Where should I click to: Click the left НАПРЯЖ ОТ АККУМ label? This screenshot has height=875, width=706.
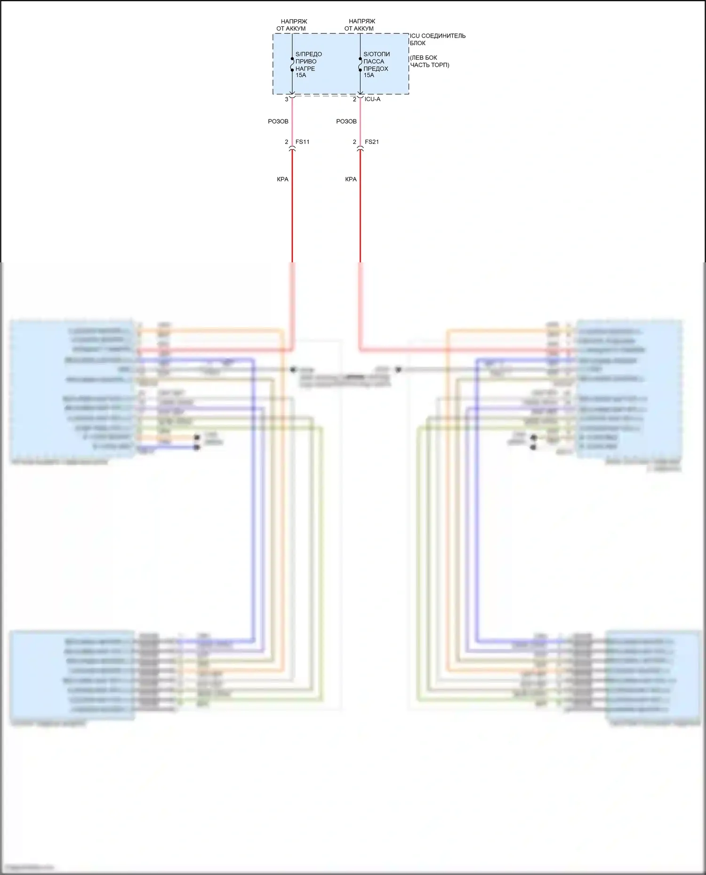[292, 25]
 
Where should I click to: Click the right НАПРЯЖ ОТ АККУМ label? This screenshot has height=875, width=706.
[360, 25]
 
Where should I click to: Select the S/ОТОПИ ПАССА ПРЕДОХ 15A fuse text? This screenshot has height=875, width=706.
[376, 64]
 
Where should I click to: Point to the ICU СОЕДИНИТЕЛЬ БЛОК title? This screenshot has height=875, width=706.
[437, 39]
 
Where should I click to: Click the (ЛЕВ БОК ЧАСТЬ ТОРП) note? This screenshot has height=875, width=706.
[429, 61]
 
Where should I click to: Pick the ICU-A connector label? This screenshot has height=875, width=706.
[372, 99]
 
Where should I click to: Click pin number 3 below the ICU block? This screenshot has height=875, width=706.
[286, 100]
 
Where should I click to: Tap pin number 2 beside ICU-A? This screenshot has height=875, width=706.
[354, 100]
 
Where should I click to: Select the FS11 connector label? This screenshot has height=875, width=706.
[302, 142]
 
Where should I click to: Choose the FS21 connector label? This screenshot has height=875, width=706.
[371, 142]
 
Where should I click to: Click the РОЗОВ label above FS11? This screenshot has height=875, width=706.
[278, 121]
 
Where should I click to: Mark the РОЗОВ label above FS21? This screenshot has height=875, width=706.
[346, 121]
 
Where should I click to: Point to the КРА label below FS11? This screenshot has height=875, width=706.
[282, 179]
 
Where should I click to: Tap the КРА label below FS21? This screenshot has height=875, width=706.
[351, 179]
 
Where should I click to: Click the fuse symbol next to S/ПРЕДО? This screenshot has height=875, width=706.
[292, 64]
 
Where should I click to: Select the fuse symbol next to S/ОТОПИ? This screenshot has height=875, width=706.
[361, 64]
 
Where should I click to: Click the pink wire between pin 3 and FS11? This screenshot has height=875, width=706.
[292, 121]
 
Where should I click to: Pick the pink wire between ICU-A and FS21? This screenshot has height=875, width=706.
[361, 121]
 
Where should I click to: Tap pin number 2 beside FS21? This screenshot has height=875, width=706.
[354, 142]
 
